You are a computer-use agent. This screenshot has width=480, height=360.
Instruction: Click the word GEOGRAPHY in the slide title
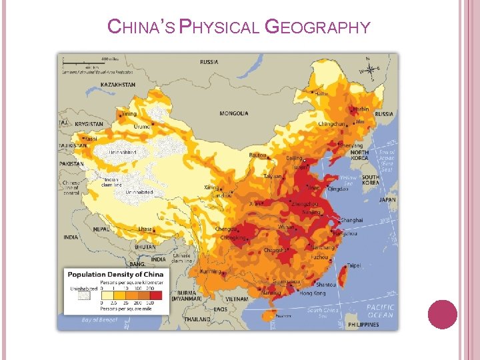(317, 27)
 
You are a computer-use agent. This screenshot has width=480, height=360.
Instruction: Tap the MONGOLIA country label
(234, 113)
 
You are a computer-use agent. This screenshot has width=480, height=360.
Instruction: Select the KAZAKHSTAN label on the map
(117, 85)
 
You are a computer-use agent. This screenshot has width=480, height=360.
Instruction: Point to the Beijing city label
(293, 158)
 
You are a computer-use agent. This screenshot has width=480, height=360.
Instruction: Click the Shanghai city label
(350, 219)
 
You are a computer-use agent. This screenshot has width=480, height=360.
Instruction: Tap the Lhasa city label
(145, 229)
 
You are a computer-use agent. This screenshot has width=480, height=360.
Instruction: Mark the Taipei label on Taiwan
(353, 265)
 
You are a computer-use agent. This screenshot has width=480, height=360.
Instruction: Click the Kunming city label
(211, 272)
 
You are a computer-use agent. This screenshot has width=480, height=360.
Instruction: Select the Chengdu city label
(226, 229)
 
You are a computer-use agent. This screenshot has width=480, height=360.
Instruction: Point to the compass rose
(369, 68)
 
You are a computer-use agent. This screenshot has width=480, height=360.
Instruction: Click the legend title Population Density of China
(114, 275)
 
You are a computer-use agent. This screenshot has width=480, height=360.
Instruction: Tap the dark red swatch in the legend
(155, 295)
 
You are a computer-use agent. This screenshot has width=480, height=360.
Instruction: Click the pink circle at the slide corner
(442, 314)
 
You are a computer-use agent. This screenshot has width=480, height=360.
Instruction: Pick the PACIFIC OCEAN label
(380, 311)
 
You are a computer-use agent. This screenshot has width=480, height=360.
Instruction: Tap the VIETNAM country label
(237, 300)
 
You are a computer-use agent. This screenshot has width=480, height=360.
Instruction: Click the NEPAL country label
(101, 228)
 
